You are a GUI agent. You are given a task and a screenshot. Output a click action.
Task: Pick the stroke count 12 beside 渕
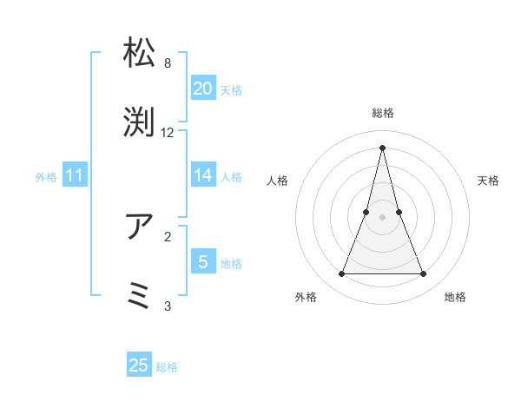(168, 133)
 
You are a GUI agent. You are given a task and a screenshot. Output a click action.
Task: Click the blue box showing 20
(202, 89)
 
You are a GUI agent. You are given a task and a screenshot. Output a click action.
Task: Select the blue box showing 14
(202, 175)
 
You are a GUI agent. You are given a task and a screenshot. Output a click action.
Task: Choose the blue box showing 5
(202, 261)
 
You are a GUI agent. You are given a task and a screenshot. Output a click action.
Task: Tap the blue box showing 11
(75, 175)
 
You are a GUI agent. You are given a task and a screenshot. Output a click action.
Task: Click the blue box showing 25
(139, 365)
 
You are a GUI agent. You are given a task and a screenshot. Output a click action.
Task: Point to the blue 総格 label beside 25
(167, 367)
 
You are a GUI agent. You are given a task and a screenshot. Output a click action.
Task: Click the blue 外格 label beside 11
(46, 177)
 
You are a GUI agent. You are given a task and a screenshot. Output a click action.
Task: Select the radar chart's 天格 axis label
(488, 181)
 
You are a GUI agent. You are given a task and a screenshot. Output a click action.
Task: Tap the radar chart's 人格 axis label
(278, 181)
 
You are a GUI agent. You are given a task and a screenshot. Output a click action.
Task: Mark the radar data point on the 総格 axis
(382, 147)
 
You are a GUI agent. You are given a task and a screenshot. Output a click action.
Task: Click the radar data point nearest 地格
(424, 274)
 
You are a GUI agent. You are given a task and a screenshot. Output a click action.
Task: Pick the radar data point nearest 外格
(341, 274)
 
